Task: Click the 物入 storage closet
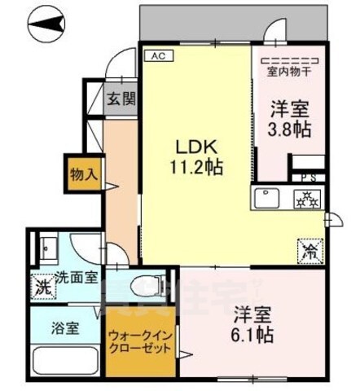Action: coord(84,174)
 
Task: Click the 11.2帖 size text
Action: coord(196,169)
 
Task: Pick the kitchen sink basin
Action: coord(266,199)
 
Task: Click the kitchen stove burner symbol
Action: coord(308,199)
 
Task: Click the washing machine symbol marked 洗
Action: coord(41,288)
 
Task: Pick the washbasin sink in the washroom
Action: coord(46,245)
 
